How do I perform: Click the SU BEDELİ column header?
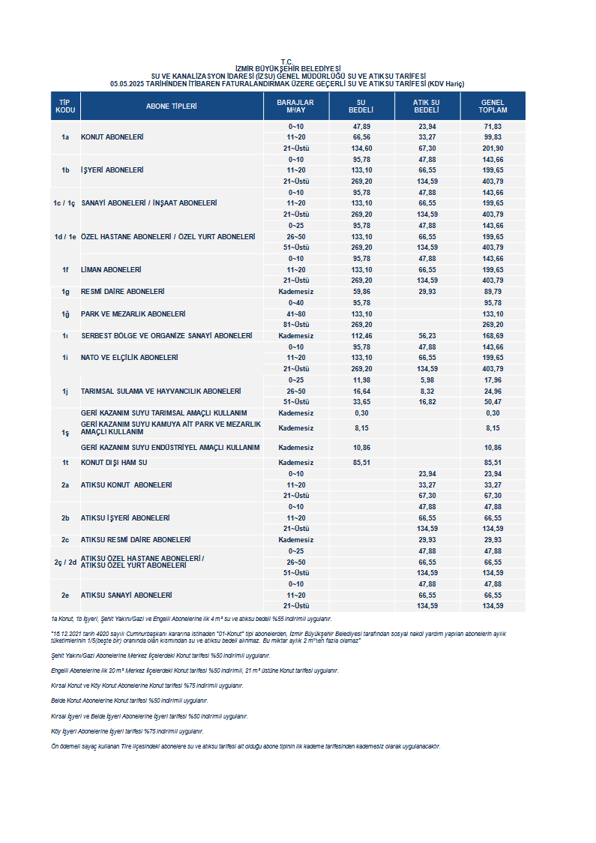pyautogui.click(x=361, y=106)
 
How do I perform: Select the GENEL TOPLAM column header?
pyautogui.click(x=493, y=106)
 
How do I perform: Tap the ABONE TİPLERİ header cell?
pyautogui.click(x=171, y=106)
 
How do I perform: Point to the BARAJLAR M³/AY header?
pyautogui.click(x=295, y=106)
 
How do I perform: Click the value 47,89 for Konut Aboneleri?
pyautogui.click(x=361, y=127)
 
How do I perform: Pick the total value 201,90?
pyautogui.click(x=493, y=148)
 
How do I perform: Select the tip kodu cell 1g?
pyautogui.click(x=65, y=291)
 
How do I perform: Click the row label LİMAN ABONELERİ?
pyautogui.click(x=111, y=269)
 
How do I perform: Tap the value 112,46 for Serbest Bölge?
pyautogui.click(x=361, y=336)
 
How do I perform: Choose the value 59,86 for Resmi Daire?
pyautogui.click(x=361, y=291)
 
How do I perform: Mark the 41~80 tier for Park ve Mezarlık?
pyautogui.click(x=295, y=313)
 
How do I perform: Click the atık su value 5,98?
pyautogui.click(x=427, y=379)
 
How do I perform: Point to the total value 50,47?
pyautogui.click(x=493, y=402)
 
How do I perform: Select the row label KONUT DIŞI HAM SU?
pyautogui.click(x=114, y=463)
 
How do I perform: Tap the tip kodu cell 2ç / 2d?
pyautogui.click(x=65, y=562)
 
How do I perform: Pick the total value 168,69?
pyautogui.click(x=493, y=336)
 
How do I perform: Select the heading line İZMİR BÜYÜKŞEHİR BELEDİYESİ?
pyautogui.click(x=288, y=68)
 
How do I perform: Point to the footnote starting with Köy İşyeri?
pyautogui.click(x=127, y=730)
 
